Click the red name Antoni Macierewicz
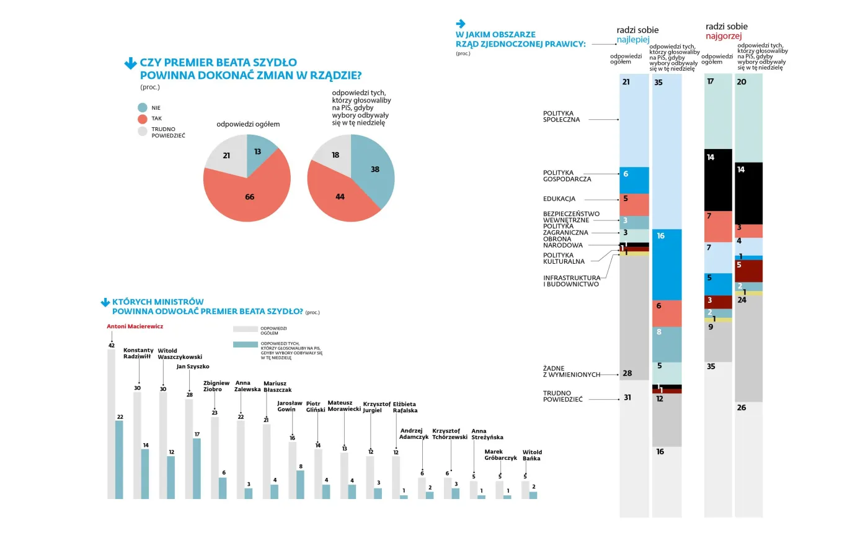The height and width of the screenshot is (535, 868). coord(135,326)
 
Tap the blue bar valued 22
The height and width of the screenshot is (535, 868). coord(119,459)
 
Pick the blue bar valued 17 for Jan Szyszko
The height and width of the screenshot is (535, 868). coord(197,469)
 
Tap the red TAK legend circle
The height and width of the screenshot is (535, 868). coord(143,119)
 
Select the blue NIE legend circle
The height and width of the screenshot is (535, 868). coord(143,107)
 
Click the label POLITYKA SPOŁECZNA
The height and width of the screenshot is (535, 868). coord(561,116)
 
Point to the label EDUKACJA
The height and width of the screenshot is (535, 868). coord(559,199)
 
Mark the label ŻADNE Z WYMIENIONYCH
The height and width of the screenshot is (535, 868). coord(572,371)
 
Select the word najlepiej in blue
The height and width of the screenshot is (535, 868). coord(633,40)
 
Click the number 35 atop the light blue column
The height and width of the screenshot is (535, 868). coord(658,82)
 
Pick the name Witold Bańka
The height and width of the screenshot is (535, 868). coord(532,455)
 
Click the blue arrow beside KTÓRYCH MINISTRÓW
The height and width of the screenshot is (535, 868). coord(105,303)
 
